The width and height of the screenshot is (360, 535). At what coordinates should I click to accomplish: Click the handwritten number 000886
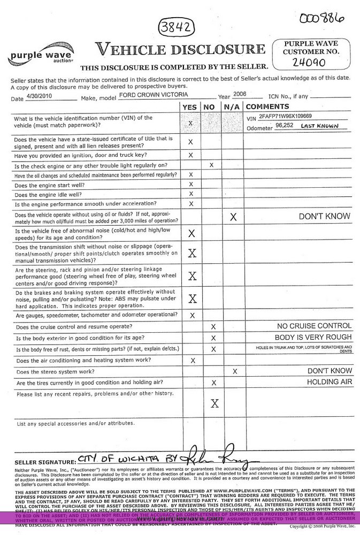click(321, 19)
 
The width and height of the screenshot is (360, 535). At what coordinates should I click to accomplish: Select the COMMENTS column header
click(267, 107)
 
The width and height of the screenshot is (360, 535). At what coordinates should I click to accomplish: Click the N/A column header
click(232, 107)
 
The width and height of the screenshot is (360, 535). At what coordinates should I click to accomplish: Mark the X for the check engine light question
click(212, 165)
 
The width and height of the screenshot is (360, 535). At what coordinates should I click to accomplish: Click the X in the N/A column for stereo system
click(234, 371)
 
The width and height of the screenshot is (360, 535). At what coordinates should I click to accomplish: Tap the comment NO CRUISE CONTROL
click(314, 326)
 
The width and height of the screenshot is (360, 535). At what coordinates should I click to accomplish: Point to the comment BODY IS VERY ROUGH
click(313, 338)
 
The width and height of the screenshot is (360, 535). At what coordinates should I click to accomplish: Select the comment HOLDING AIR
click(329, 382)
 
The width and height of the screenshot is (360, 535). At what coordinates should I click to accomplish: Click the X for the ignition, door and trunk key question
click(190, 155)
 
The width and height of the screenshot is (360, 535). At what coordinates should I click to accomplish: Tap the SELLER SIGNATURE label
click(44, 462)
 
